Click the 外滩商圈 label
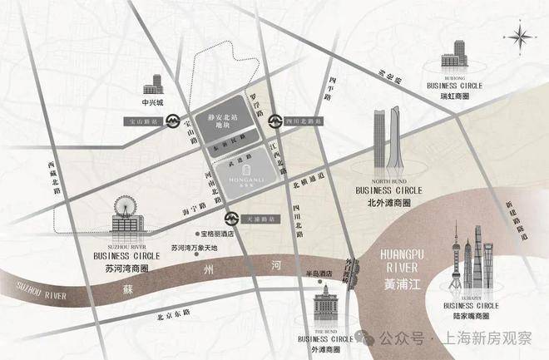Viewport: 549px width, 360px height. click(324, 349)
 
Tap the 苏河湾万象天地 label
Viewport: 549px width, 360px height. click(193, 247)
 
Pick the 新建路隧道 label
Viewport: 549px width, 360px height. click(521, 217)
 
